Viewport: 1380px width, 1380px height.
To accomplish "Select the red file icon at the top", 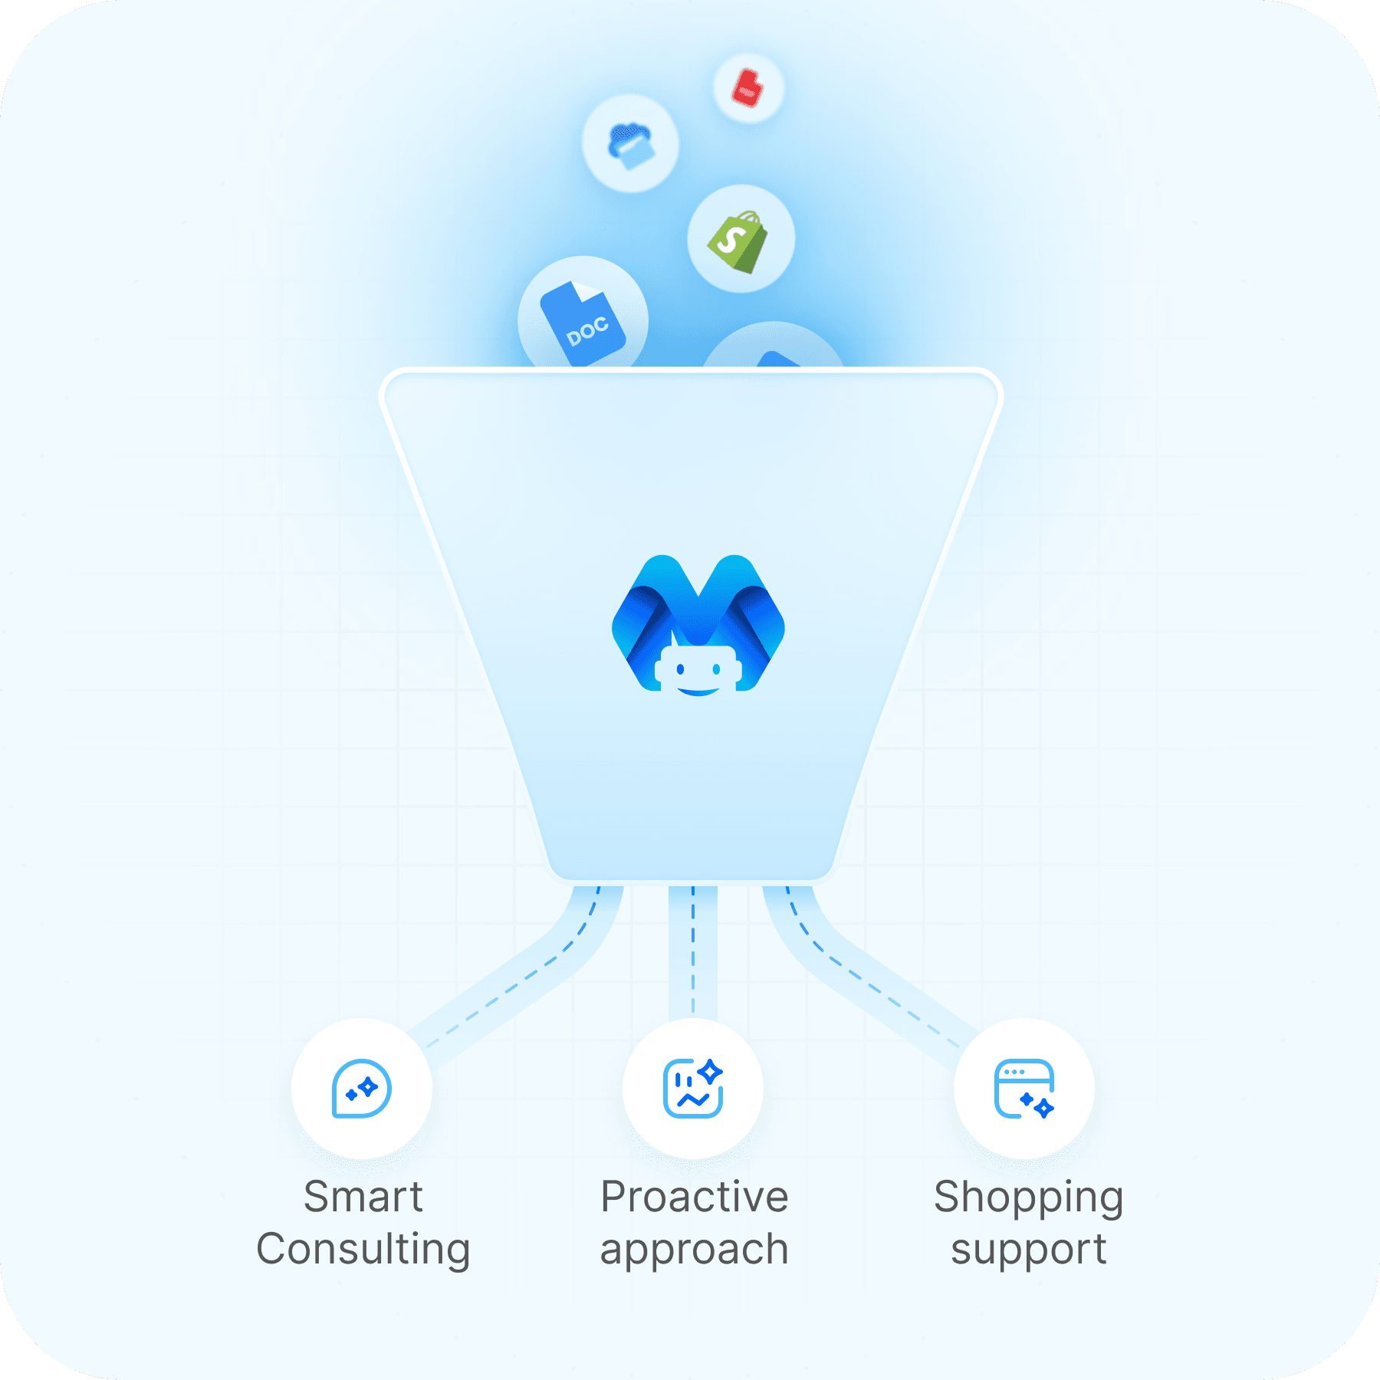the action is tap(747, 87).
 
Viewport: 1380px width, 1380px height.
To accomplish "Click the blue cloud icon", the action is tap(630, 144).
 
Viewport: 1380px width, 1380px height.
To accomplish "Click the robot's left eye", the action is tap(680, 670).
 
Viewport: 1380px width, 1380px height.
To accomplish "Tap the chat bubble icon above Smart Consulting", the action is tap(362, 1089).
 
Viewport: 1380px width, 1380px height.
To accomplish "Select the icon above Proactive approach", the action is tap(693, 1089).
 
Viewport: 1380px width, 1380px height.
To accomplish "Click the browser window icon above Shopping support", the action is tap(1024, 1089).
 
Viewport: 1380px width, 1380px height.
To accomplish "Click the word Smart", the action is tap(363, 1197).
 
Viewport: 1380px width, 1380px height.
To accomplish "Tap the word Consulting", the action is tap(363, 1249).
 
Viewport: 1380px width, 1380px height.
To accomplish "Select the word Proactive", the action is tap(695, 1197).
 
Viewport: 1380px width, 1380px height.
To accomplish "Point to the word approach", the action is tap(695, 1250).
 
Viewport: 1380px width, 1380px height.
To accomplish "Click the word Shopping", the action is tap(1029, 1198).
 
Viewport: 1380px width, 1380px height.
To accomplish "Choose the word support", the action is tap(1029, 1250).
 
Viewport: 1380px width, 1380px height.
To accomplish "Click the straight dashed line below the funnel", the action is tap(693, 951).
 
